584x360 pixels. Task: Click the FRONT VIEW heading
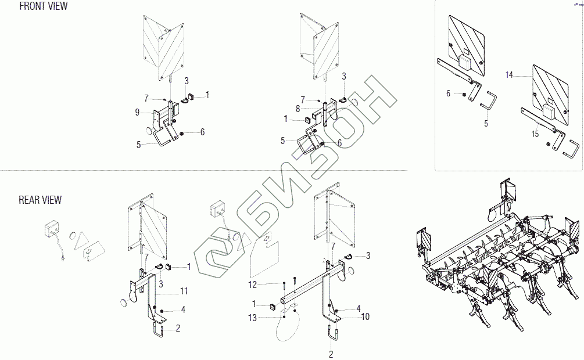tap(43, 6)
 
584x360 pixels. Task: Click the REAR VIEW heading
tap(40, 200)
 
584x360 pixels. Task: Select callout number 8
tap(298, 109)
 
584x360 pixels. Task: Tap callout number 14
tap(509, 75)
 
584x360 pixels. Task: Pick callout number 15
tap(535, 134)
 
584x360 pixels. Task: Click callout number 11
tap(184, 290)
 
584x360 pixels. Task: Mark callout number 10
tap(366, 317)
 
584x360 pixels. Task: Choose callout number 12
tap(252, 285)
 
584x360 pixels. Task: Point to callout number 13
tap(252, 318)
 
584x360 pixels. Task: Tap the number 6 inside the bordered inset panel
tap(448, 93)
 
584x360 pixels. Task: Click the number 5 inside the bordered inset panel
tap(486, 123)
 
